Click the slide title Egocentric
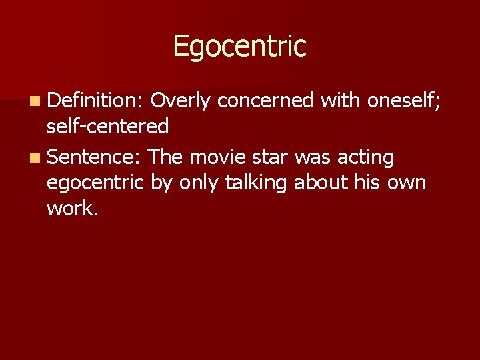tap(239, 47)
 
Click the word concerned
tap(265, 101)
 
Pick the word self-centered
tap(107, 127)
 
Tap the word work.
tap(73, 209)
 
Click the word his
tap(368, 183)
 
